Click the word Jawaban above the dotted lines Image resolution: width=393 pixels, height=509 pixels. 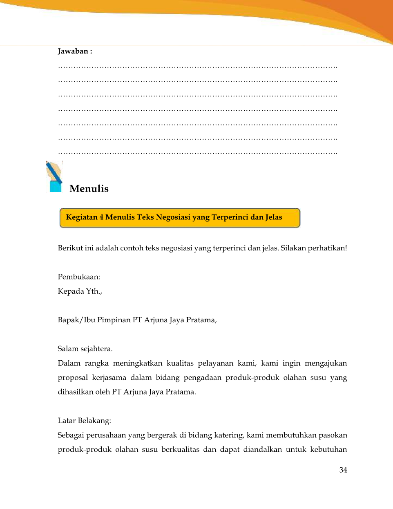(x=73, y=51)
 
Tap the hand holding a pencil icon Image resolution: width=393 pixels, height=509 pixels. (x=54, y=176)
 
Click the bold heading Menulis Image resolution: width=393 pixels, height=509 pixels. (x=89, y=189)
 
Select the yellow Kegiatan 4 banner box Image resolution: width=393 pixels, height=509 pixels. (x=180, y=218)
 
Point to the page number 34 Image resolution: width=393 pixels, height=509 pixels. (x=343, y=470)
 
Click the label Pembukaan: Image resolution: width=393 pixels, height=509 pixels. (x=79, y=277)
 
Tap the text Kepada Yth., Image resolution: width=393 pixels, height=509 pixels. (x=80, y=291)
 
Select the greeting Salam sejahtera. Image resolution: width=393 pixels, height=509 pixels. (x=85, y=349)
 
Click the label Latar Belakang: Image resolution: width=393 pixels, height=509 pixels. (x=84, y=421)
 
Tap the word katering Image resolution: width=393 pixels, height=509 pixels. (x=228, y=435)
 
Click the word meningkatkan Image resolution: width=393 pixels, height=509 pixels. (x=137, y=363)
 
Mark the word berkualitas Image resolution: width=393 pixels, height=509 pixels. (x=180, y=449)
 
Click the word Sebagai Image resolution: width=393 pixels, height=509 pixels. (x=71, y=435)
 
